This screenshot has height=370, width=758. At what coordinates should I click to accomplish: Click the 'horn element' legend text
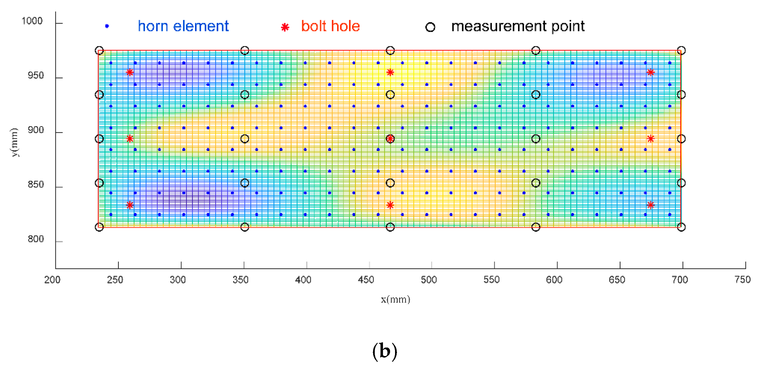[x=183, y=27]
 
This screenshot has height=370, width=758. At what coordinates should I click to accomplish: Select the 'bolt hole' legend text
[x=330, y=27]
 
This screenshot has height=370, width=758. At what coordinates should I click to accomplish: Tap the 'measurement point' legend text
[x=517, y=27]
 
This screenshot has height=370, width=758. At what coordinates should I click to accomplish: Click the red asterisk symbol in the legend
[x=285, y=27]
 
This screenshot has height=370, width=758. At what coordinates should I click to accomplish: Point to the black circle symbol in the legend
[x=430, y=27]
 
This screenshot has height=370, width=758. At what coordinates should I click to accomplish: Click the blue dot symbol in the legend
[x=107, y=27]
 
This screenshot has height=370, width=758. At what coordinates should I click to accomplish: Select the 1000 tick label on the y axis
[x=32, y=21]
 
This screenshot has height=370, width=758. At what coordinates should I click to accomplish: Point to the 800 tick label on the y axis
[x=36, y=239]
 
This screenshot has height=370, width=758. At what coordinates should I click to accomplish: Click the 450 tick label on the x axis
[x=366, y=280]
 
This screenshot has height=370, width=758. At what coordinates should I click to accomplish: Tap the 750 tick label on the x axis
[x=742, y=280]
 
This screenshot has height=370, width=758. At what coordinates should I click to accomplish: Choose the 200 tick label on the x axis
[x=52, y=280]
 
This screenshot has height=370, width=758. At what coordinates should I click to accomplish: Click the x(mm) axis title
[x=395, y=300]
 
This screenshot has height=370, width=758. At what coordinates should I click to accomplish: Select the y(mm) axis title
[x=14, y=142]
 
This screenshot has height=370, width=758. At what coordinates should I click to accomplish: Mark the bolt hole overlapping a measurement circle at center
[x=390, y=139]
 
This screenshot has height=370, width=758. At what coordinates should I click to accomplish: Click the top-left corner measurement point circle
[x=99, y=51]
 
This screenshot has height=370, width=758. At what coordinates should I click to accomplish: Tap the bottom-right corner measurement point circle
[x=681, y=227]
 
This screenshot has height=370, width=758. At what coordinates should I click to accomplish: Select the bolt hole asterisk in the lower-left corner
[x=130, y=205]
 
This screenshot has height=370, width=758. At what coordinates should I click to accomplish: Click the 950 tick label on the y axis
[x=36, y=76]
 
